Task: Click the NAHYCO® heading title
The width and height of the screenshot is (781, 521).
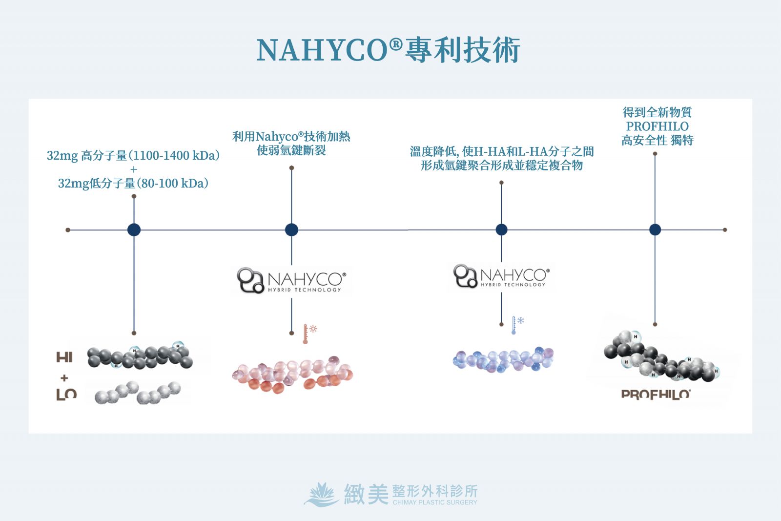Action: tap(388, 50)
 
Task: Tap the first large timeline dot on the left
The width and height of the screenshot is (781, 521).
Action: tap(134, 229)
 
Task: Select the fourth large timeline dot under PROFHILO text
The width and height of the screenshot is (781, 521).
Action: tap(655, 229)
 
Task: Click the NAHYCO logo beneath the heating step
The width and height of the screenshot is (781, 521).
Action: tap(291, 280)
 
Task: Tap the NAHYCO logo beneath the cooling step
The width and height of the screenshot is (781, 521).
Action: tap(501, 276)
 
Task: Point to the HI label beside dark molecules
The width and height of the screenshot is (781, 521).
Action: tap(64, 357)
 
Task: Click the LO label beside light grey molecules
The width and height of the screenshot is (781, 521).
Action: tap(66, 394)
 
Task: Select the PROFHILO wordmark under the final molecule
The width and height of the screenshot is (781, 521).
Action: tap(656, 394)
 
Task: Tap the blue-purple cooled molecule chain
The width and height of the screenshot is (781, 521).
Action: tap(503, 360)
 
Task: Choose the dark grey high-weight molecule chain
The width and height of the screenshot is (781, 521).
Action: tap(140, 357)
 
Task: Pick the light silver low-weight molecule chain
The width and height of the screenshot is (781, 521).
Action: tap(138, 393)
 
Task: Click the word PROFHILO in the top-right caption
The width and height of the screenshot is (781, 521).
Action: tap(657, 126)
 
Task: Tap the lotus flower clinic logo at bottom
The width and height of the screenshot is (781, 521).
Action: tap(321, 494)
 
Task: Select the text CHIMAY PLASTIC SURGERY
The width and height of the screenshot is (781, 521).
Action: tap(435, 502)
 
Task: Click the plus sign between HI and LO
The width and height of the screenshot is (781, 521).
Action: tap(64, 377)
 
